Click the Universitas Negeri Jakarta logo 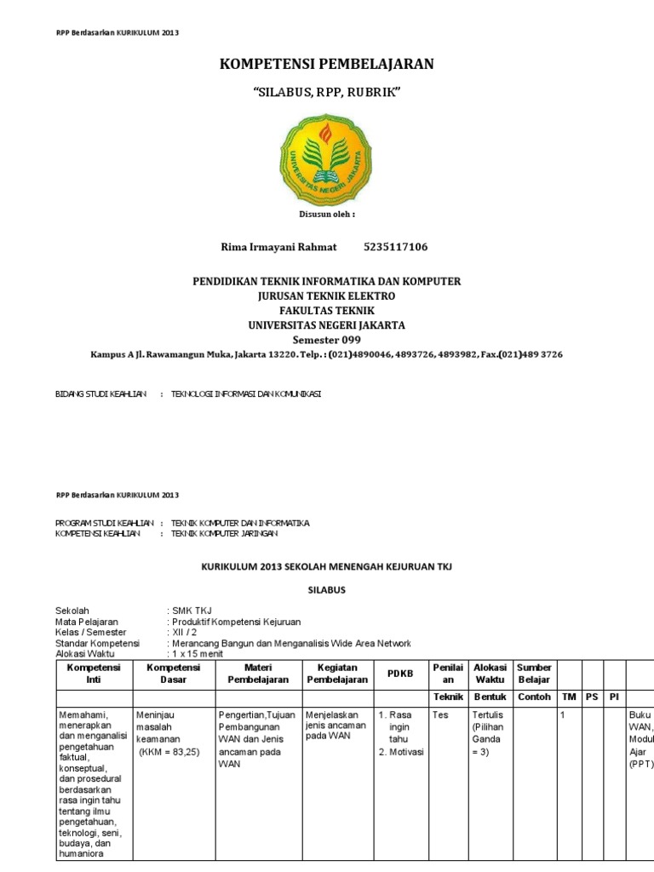pos(326,158)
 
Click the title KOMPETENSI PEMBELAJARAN pos(327,65)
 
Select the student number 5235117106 pos(395,247)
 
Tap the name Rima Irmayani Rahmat pos(278,247)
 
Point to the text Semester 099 pos(326,339)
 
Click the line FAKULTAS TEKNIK pos(326,310)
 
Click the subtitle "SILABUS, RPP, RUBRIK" pos(327,92)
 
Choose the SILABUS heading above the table pos(326,589)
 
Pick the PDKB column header pos(399,674)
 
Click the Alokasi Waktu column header pos(490,674)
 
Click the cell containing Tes pos(440,715)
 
